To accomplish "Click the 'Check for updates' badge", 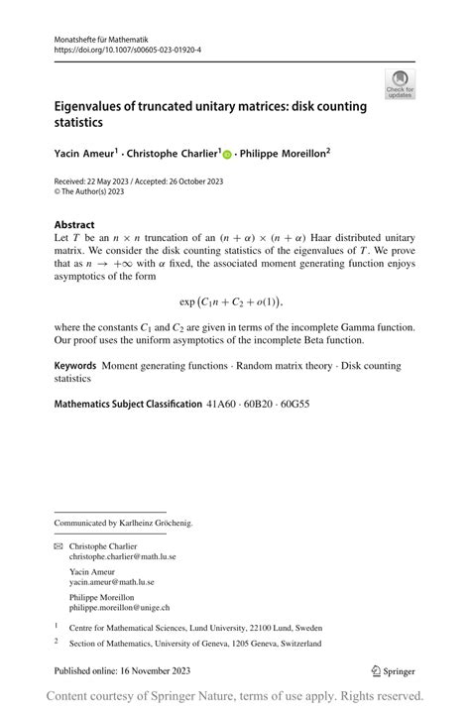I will tap(400, 83).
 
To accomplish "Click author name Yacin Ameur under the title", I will tap(83, 154).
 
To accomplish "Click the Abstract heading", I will tap(74, 224).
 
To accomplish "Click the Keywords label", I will tap(75, 366).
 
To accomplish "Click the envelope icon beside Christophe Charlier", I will tap(58, 546).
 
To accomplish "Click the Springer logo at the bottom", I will tap(394, 670).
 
